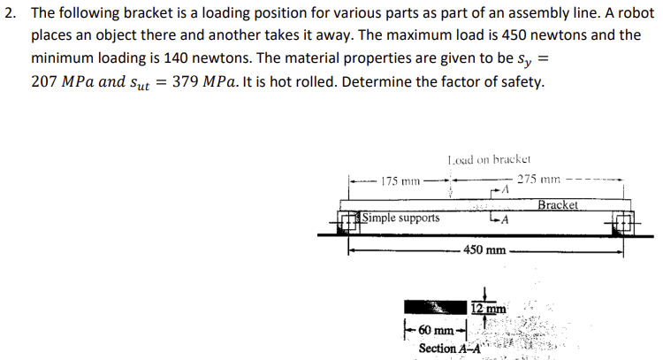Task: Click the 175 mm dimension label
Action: click(x=397, y=182)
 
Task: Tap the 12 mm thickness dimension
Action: click(x=487, y=309)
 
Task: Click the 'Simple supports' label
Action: click(x=401, y=218)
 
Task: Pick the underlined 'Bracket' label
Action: click(x=558, y=205)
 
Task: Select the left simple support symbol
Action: click(x=348, y=220)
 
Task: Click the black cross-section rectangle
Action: click(x=434, y=308)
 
